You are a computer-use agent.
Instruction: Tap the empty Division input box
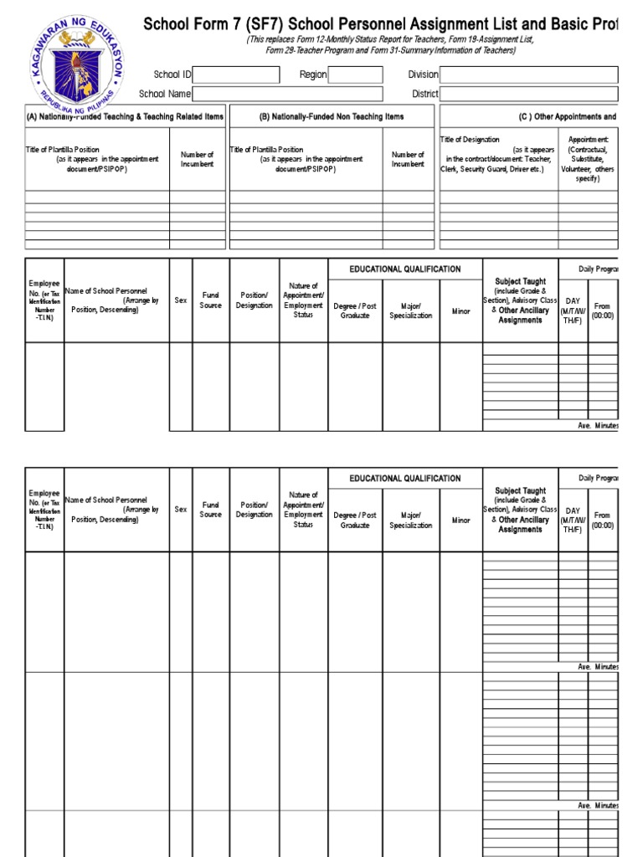coord(529,75)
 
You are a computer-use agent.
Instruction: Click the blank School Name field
coord(287,95)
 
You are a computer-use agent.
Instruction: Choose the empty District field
coord(529,95)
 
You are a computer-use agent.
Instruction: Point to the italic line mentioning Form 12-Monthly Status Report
coord(389,40)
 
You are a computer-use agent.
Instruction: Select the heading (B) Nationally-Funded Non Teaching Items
coord(331,117)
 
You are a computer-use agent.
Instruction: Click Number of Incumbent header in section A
coord(198,159)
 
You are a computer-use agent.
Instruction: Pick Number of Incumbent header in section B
coord(408,159)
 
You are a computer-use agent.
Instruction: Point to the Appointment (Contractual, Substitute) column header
coord(589,159)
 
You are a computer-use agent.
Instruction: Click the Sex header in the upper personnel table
coord(181,300)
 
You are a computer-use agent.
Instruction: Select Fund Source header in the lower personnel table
coord(211,510)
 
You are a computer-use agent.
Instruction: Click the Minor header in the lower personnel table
coord(461,521)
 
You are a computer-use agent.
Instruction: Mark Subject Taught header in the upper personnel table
coord(521,282)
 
